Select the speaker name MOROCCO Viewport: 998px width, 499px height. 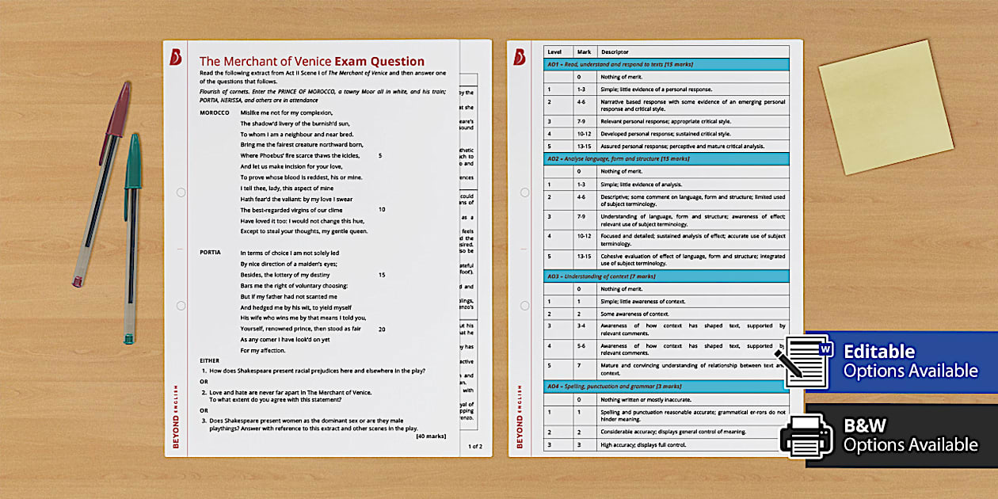[215, 113]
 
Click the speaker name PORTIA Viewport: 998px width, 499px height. [210, 253]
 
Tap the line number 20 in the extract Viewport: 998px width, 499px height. [382, 329]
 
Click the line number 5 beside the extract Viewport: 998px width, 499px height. [380, 156]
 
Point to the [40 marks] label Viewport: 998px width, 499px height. [431, 436]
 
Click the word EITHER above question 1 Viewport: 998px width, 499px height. [210, 360]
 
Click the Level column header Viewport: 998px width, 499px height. [554, 52]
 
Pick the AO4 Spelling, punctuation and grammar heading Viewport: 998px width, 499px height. [614, 386]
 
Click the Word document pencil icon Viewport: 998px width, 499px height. [809, 363]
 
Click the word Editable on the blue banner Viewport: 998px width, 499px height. [879, 352]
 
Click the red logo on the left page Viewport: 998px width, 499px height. [177, 58]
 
